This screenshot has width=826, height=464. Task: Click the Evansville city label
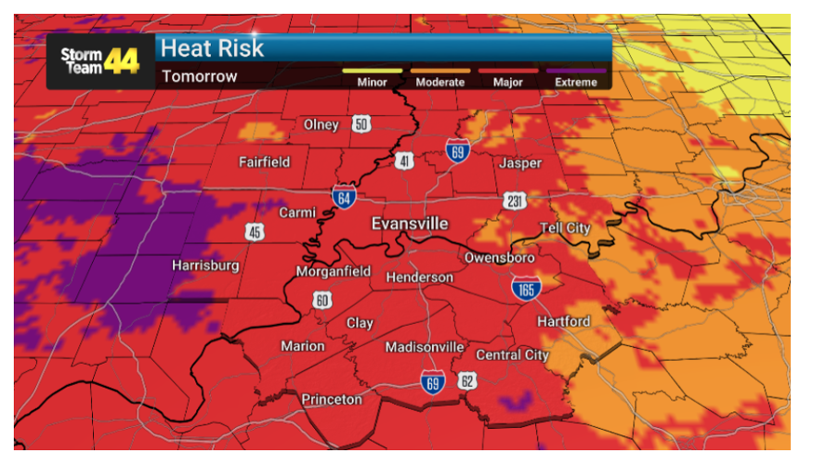point(409,224)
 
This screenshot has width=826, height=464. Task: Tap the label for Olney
point(321,125)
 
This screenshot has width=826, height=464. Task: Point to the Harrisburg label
point(205,265)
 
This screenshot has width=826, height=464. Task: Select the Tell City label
point(565,228)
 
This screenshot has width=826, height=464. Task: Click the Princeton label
point(332,399)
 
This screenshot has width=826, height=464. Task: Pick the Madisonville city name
point(425,347)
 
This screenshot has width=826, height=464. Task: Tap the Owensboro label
point(499,257)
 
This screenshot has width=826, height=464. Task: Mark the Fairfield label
point(264,161)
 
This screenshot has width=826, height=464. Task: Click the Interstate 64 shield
point(342,196)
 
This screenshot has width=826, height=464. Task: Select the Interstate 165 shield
point(525,289)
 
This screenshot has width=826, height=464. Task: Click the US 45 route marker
point(255,232)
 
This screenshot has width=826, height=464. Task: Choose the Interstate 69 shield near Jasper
point(457,151)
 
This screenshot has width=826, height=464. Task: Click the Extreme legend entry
point(576,82)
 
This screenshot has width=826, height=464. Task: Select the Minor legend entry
point(372,82)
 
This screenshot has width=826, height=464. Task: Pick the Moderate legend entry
point(439,82)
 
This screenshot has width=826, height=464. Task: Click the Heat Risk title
point(213,48)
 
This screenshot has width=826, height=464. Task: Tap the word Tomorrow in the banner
point(199,76)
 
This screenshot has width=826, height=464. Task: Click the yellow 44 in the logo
point(122,61)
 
